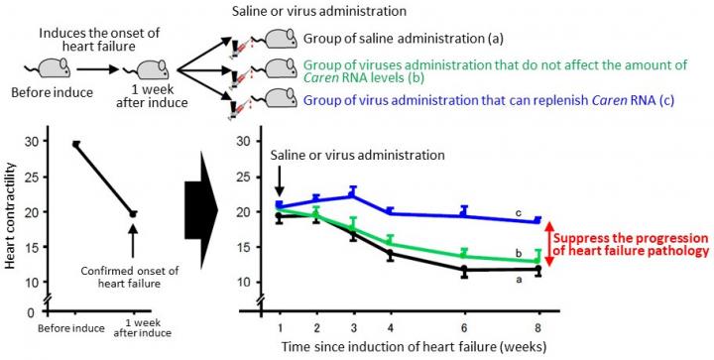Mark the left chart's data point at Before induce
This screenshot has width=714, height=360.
coord(75,144)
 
